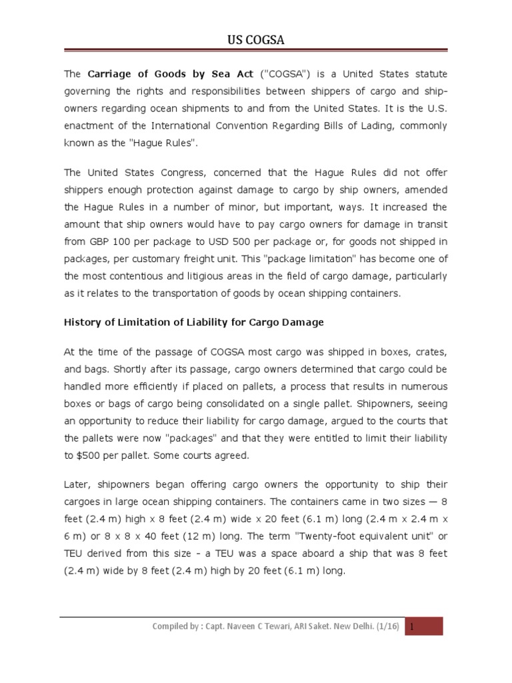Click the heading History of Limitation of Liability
193,322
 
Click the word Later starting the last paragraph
77,484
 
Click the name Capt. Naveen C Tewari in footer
245,626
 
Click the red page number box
425,626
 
